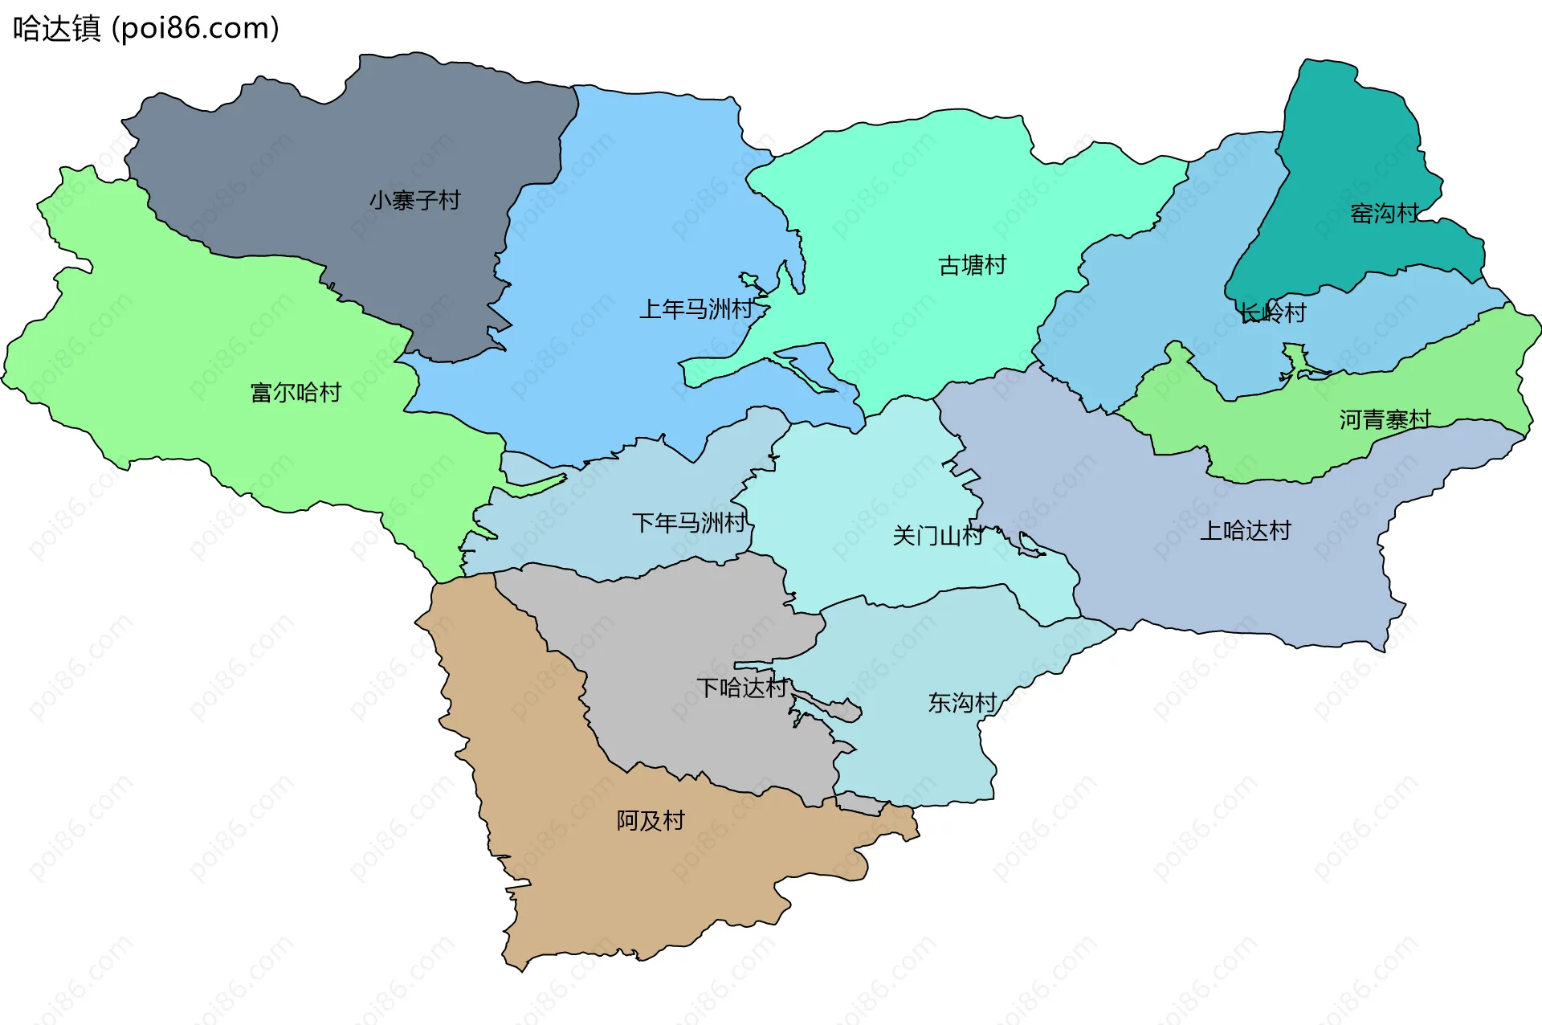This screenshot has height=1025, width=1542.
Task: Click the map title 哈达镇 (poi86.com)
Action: coord(145,28)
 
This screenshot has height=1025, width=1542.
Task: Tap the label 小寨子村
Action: coord(414,200)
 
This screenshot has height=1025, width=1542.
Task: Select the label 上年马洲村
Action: coord(696,309)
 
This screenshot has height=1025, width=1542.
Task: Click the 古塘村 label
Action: coord(972,265)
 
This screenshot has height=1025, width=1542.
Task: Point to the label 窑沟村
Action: coord(1385,214)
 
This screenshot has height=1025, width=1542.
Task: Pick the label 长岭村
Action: coord(1273,312)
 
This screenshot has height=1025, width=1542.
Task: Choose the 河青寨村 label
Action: coord(1385,419)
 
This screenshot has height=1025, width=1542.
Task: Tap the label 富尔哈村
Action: coord(296,393)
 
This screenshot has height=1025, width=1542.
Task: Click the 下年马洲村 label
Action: coord(689,523)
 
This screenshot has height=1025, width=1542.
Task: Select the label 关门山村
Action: coord(937,536)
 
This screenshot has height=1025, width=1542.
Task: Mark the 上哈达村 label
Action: coord(1245,531)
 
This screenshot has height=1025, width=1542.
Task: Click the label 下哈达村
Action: coord(741,688)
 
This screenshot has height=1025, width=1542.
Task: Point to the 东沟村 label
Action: coord(962,703)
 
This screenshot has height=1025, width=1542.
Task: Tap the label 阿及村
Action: coord(651,820)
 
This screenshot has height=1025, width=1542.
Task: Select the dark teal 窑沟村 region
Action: coord(1349,145)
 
